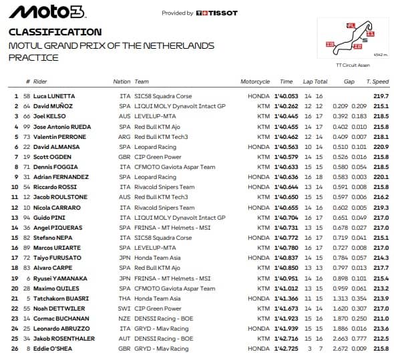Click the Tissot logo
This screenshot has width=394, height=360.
click(x=217, y=13)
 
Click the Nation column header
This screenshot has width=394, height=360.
click(x=122, y=81)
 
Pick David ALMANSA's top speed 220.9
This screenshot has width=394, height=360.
click(x=381, y=146)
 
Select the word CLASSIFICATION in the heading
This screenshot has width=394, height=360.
click(x=55, y=31)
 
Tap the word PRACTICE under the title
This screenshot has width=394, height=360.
click(x=33, y=57)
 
